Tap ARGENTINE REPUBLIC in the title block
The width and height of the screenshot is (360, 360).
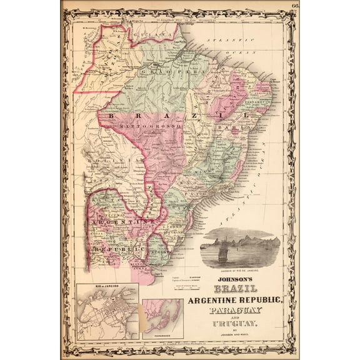click(x=239, y=301)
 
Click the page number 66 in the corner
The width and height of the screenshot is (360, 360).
click(x=294, y=6)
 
